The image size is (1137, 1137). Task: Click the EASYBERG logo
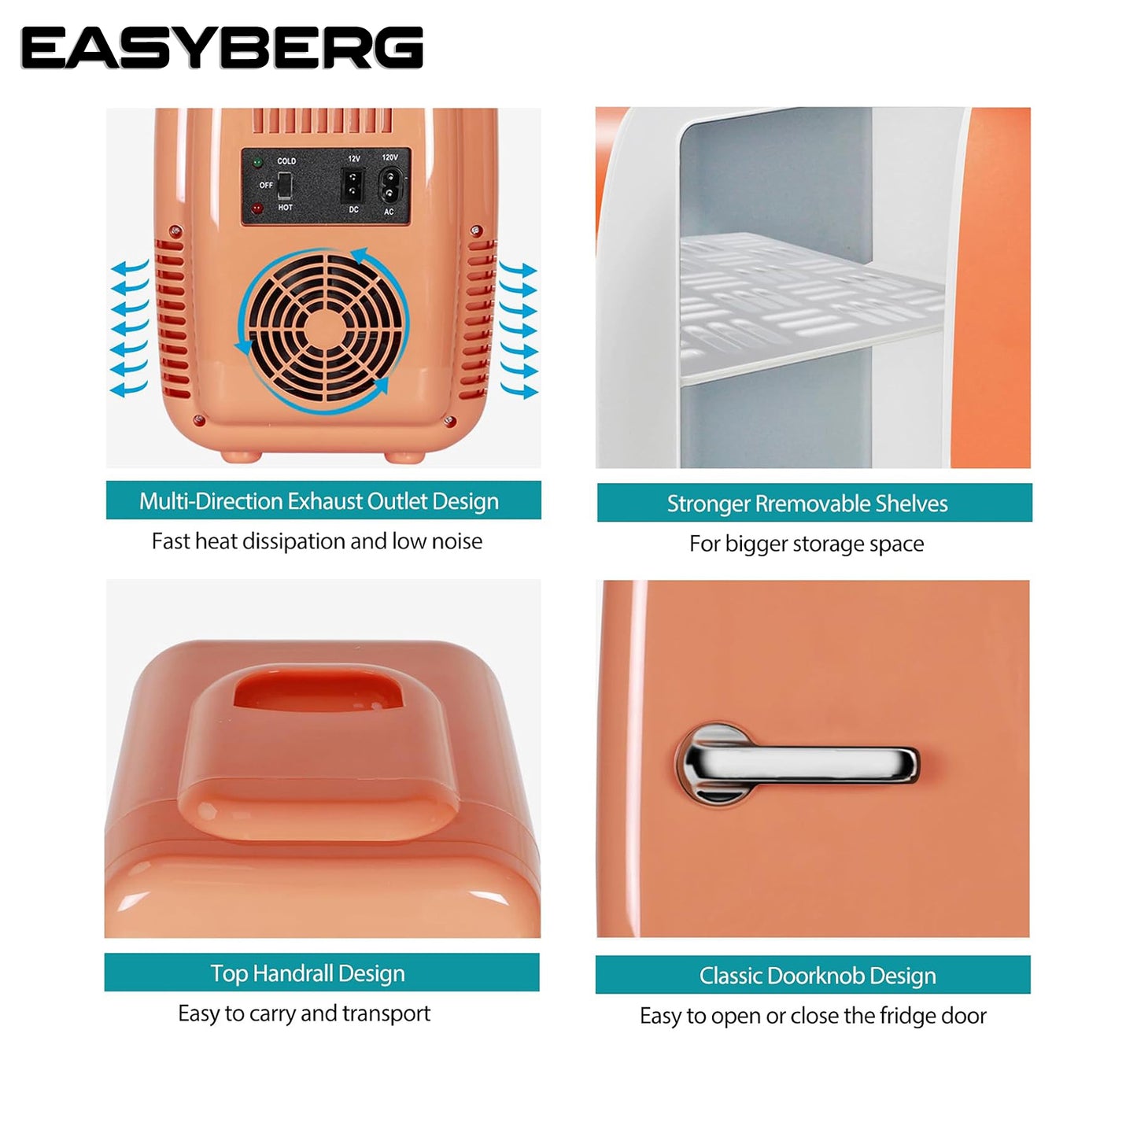click(x=222, y=48)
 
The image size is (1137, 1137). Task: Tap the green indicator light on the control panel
click(x=257, y=161)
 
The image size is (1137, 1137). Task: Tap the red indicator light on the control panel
click(x=257, y=209)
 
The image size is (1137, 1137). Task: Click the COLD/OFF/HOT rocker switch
click(x=285, y=185)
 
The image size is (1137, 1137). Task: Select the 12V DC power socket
click(x=353, y=184)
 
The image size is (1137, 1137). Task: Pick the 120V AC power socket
click(x=389, y=185)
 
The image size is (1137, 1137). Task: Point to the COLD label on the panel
click(x=286, y=161)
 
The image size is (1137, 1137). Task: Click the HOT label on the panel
click(x=286, y=208)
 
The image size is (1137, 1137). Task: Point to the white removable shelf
click(x=811, y=307)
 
